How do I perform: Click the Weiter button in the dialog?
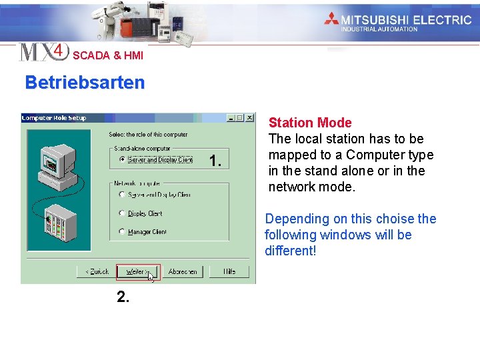point(137,272)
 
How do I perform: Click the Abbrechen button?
point(182,272)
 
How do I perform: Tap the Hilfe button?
point(229,272)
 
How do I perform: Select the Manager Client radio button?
point(122,232)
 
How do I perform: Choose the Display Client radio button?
point(122,213)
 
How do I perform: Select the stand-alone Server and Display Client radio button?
point(122,160)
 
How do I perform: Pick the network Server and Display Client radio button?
point(122,195)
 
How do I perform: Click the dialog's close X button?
point(249,118)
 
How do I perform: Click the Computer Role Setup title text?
point(54,118)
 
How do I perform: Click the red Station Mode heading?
point(310,123)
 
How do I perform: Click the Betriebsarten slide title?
point(85,83)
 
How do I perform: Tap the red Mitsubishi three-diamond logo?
point(331,19)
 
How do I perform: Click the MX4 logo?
point(44,51)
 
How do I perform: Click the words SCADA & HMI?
point(108,56)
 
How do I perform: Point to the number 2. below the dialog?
point(123,297)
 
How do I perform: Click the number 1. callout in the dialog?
point(215,161)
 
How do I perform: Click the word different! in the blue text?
point(290,251)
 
